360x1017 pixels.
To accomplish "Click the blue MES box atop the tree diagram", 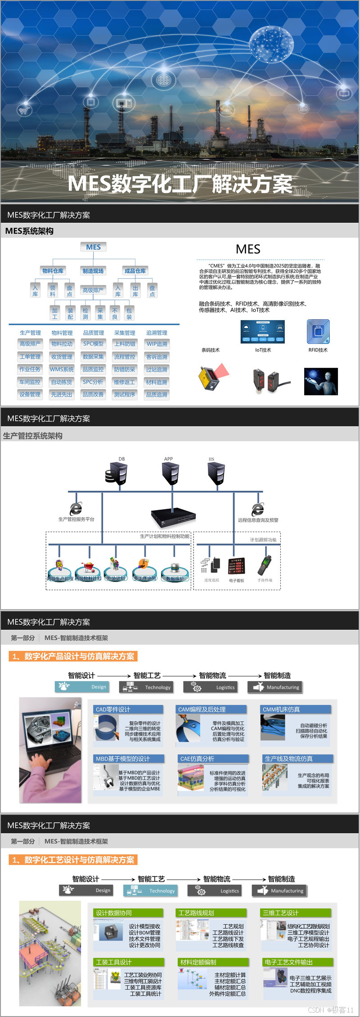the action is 93,247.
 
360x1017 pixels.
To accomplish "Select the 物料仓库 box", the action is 53,271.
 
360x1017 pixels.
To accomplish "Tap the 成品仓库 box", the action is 135,271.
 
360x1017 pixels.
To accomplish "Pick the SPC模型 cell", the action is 93,344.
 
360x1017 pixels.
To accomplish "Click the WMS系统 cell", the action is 62,369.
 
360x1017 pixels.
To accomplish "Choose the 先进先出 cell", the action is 62,394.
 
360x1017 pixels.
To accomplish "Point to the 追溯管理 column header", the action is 157,333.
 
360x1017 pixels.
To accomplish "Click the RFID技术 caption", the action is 318,350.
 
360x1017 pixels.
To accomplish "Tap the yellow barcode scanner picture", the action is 211,378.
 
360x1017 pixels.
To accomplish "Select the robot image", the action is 321,381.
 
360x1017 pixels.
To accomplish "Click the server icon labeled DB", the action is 117,473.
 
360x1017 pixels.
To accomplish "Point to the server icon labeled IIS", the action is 216,473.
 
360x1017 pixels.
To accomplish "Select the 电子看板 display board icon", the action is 236,566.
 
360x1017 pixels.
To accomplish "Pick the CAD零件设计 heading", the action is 113,710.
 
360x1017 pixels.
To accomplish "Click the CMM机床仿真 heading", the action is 282,710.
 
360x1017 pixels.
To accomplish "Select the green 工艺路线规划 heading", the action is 197,913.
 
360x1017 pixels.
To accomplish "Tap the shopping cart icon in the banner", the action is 24,110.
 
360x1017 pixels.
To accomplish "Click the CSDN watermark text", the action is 331,1010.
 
